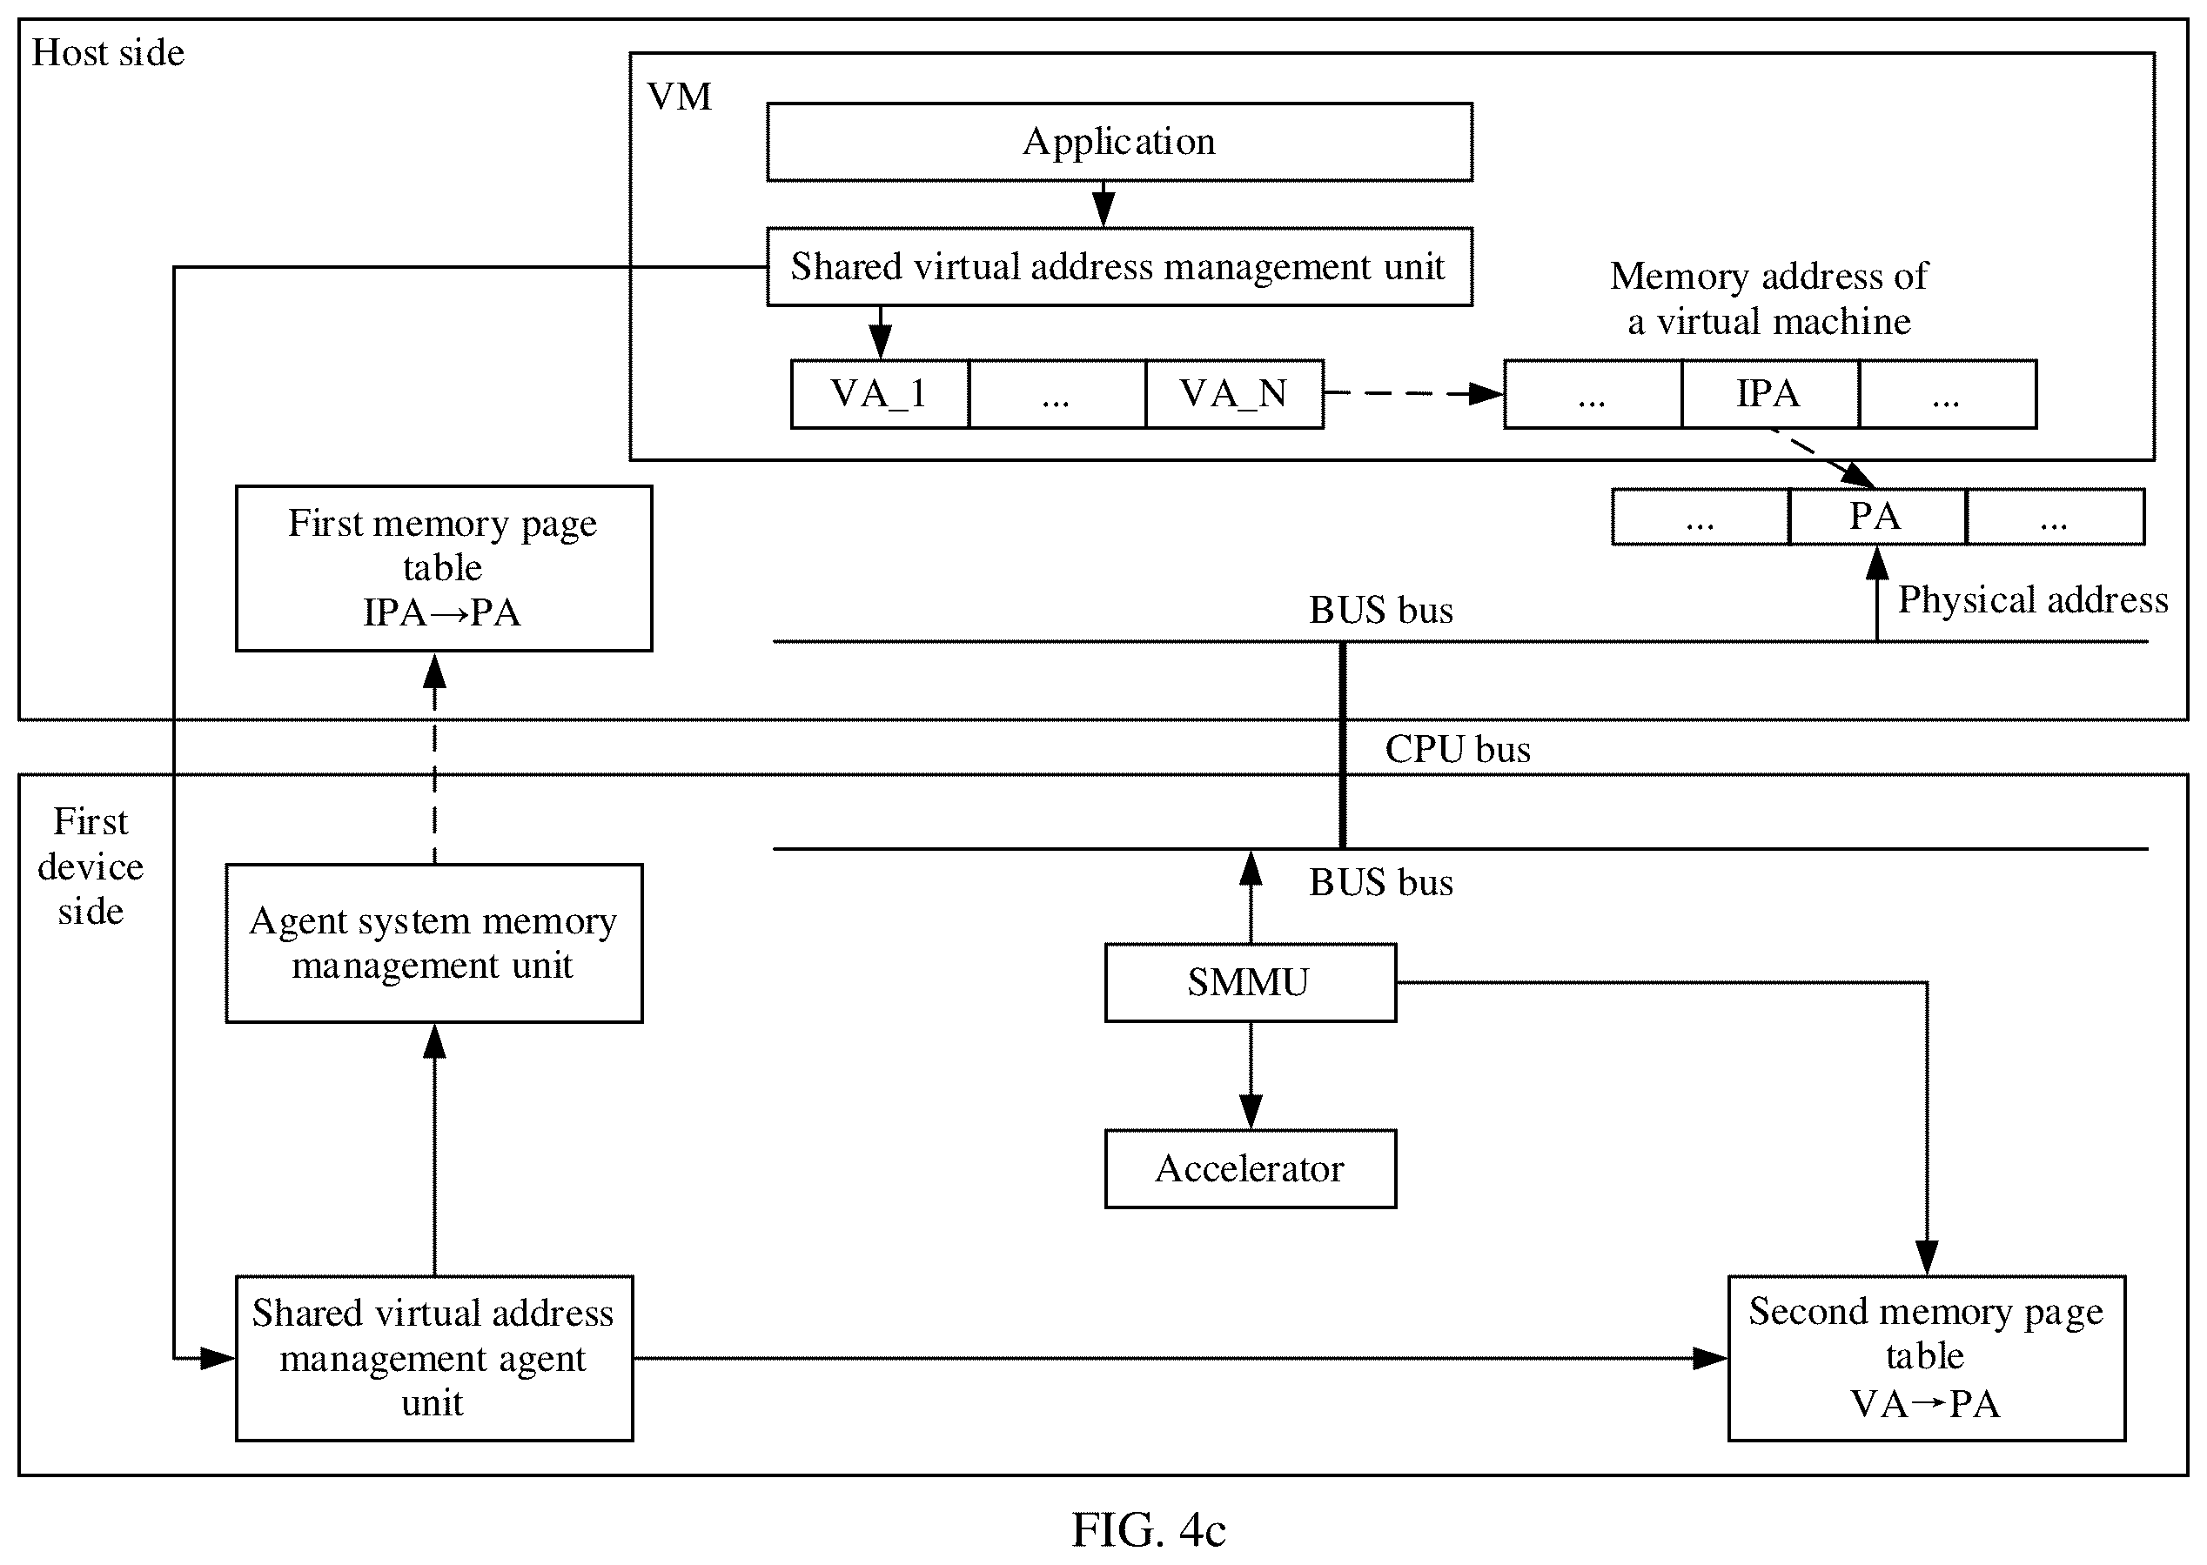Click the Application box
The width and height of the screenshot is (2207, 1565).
(1119, 142)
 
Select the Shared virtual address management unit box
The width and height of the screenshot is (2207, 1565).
(1119, 267)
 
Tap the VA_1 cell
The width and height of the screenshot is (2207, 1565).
(879, 394)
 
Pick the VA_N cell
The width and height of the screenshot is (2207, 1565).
(1235, 394)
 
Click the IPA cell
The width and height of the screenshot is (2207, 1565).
(1769, 394)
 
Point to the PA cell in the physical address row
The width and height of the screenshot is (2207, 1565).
(1876, 518)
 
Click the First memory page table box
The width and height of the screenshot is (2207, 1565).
(443, 569)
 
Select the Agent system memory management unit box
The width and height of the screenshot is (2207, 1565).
(433, 943)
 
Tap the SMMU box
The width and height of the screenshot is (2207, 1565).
(1250, 983)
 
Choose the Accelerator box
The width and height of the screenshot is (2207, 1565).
(1250, 1169)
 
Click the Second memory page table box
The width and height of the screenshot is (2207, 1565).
(1927, 1359)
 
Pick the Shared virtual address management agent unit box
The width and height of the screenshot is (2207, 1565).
(433, 1359)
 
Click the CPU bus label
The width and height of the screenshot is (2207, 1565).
(1457, 750)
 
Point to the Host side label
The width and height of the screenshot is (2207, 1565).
(108, 53)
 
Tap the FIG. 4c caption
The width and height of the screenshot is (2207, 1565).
(1149, 1529)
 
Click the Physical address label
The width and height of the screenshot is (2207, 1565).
(2033, 600)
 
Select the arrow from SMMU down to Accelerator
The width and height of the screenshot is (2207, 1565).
(1251, 1075)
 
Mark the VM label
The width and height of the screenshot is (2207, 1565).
(680, 97)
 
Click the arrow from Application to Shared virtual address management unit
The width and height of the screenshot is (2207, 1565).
(1103, 204)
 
